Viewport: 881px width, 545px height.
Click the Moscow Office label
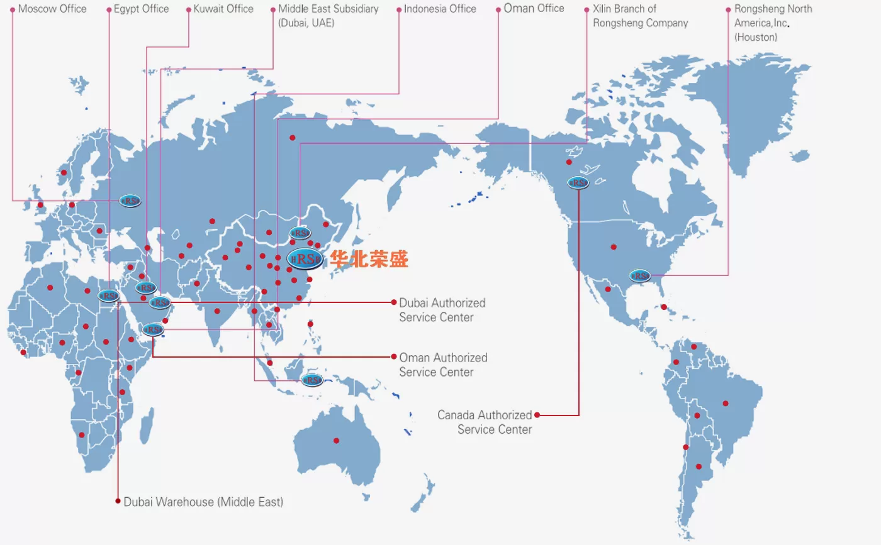coord(52,9)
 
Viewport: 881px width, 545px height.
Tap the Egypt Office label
coord(141,9)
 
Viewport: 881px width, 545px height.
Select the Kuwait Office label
coord(223,9)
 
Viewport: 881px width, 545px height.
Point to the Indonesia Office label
coord(440,9)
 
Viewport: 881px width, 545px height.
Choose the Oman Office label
coord(534,9)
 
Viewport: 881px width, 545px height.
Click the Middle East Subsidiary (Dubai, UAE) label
coord(328,16)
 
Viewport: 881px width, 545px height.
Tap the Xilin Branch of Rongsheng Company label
coord(640,16)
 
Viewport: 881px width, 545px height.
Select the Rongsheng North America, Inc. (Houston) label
coord(773,23)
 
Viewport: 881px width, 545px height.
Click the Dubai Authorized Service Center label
coord(442,310)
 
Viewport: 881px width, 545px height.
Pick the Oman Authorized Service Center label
coord(443,365)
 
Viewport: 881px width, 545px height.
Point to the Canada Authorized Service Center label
coord(485,422)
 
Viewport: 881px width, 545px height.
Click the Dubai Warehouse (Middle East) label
coord(203,502)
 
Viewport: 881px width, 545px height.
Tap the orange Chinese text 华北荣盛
coord(370,258)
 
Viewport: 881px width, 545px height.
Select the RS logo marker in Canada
coord(578,183)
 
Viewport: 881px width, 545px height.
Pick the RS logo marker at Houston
coord(640,275)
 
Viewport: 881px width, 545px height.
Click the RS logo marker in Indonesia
coord(311,380)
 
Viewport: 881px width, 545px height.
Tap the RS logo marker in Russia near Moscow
coord(130,201)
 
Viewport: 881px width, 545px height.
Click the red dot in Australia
coord(336,440)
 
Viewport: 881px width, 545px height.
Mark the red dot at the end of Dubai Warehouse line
coord(118,501)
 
